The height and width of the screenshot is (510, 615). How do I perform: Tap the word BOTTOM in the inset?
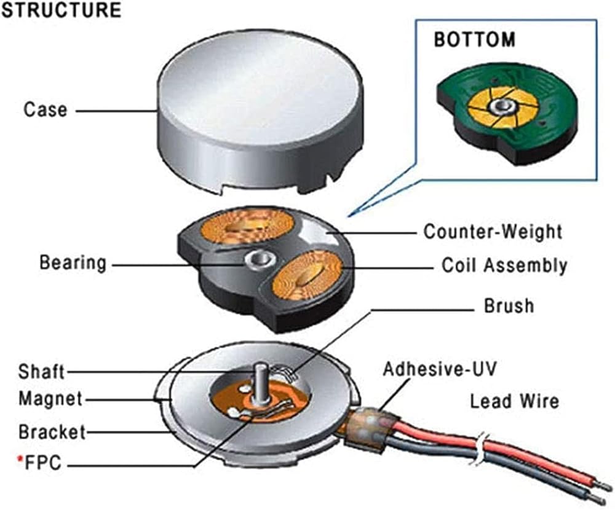pyautogui.click(x=475, y=40)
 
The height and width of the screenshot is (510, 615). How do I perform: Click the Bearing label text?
pyautogui.click(x=73, y=263)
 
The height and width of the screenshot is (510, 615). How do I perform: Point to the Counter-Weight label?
pyautogui.click(x=493, y=232)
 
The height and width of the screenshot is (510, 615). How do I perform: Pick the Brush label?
pyautogui.click(x=509, y=305)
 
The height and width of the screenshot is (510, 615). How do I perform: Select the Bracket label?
pyautogui.click(x=52, y=431)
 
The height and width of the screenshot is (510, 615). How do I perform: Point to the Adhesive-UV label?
pyautogui.click(x=440, y=369)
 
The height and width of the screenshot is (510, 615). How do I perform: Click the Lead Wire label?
pyautogui.click(x=514, y=401)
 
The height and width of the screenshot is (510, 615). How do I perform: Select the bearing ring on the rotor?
pyautogui.click(x=258, y=260)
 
